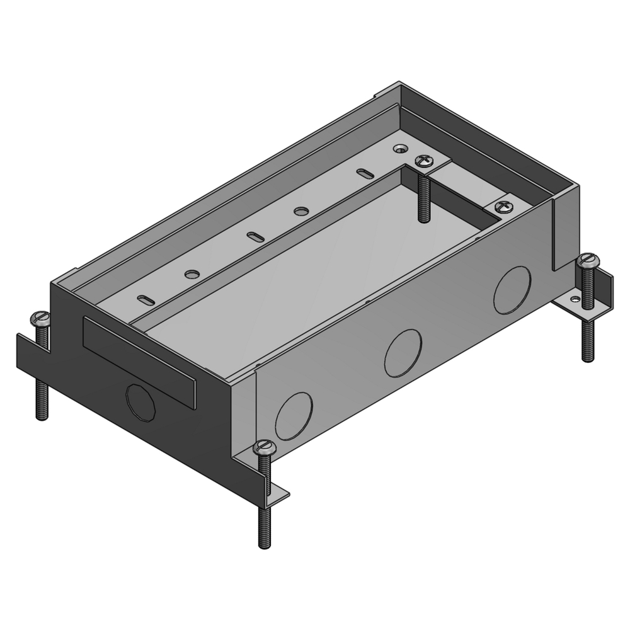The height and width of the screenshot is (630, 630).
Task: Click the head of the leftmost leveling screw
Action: pyautogui.click(x=41, y=318)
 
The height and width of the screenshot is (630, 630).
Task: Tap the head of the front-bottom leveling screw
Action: pyautogui.click(x=264, y=449)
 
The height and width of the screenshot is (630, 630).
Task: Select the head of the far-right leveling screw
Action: pyautogui.click(x=587, y=260)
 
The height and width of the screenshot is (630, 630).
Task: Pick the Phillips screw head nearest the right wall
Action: pyautogui.click(x=503, y=206)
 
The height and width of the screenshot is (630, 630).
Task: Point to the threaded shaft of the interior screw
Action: pyautogui.click(x=422, y=195)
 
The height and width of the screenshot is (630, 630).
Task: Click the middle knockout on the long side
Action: pyautogui.click(x=403, y=353)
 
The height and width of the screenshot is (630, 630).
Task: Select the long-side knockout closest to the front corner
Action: pyautogui.click(x=294, y=416)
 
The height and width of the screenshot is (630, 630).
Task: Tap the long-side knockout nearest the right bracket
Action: pyautogui.click(x=512, y=290)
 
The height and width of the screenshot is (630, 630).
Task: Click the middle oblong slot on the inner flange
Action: pyautogui.click(x=253, y=236)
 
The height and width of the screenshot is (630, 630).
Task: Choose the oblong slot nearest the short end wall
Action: pyautogui.click(x=145, y=299)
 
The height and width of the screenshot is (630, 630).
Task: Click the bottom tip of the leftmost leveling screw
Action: pyautogui.click(x=42, y=417)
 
